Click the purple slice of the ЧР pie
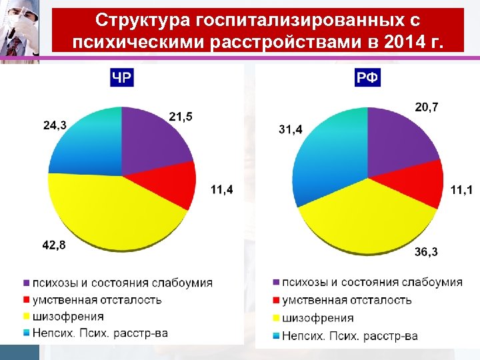(150, 140)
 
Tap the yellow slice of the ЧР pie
(113, 213)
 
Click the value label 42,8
(54, 245)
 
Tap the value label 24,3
(54, 125)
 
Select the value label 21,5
(181, 117)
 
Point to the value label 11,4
(222, 190)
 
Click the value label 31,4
(290, 129)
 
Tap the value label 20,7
(427, 107)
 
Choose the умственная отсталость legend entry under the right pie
(346, 300)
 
